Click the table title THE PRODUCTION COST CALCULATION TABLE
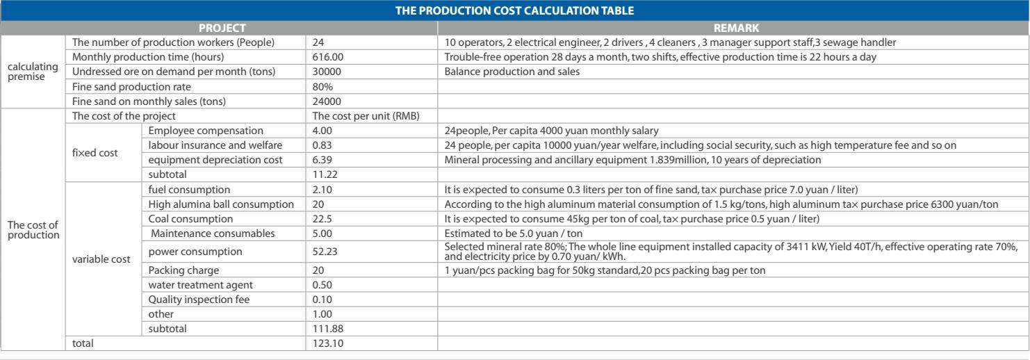pyautogui.click(x=515, y=11)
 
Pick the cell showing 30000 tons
pyautogui.click(x=325, y=72)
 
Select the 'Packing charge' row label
pyautogui.click(x=180, y=268)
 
